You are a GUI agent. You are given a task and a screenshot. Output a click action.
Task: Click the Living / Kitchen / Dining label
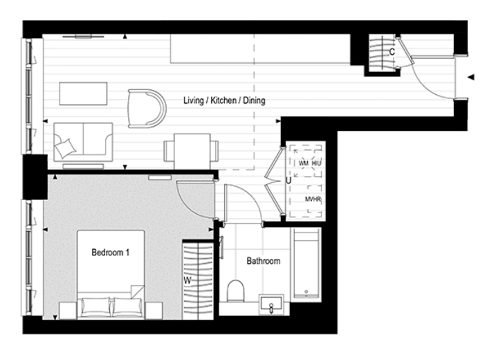coord(223,101)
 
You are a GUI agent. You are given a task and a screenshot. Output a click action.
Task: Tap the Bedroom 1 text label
coord(110,253)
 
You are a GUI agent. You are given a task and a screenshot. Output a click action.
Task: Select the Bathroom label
coord(263,262)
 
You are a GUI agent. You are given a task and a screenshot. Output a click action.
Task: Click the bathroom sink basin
coord(271,304)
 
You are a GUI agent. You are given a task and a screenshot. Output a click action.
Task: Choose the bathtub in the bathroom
coord(306,264)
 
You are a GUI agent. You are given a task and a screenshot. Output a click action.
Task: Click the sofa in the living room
coord(82,141)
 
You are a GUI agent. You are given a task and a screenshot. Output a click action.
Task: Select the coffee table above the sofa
coord(83,92)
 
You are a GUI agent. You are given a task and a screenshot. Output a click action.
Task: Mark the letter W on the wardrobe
coord(187,280)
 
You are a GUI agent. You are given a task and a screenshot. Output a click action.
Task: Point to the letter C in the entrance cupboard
coord(392,52)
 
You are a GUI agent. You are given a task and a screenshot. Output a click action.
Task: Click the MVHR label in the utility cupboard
coord(313,199)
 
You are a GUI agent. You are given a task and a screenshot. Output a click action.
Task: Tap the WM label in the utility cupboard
coord(303,163)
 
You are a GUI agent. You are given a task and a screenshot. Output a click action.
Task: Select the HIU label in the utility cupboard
coord(317,163)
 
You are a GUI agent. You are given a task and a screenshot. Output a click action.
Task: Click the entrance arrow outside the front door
coord(471,78)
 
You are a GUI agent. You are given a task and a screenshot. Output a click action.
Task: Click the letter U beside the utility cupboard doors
coord(287,181)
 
